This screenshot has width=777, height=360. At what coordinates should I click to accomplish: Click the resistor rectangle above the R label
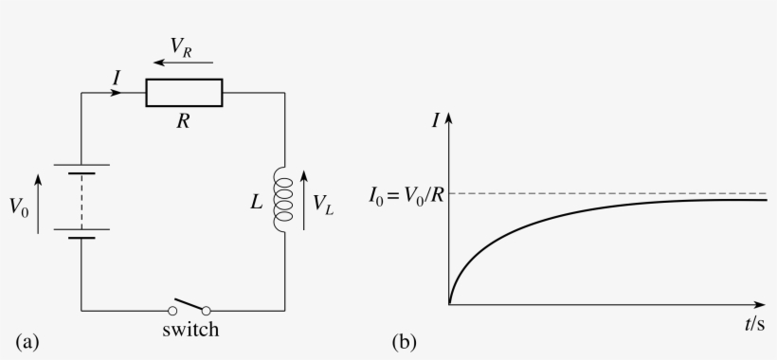(184, 93)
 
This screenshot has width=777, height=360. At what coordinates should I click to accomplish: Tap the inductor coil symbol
(283, 199)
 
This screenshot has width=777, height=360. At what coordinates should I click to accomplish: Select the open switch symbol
(190, 308)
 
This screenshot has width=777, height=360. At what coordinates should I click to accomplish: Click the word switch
(190, 331)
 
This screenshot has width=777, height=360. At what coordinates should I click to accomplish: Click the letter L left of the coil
(258, 201)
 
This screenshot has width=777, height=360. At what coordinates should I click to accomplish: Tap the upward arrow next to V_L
(304, 200)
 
